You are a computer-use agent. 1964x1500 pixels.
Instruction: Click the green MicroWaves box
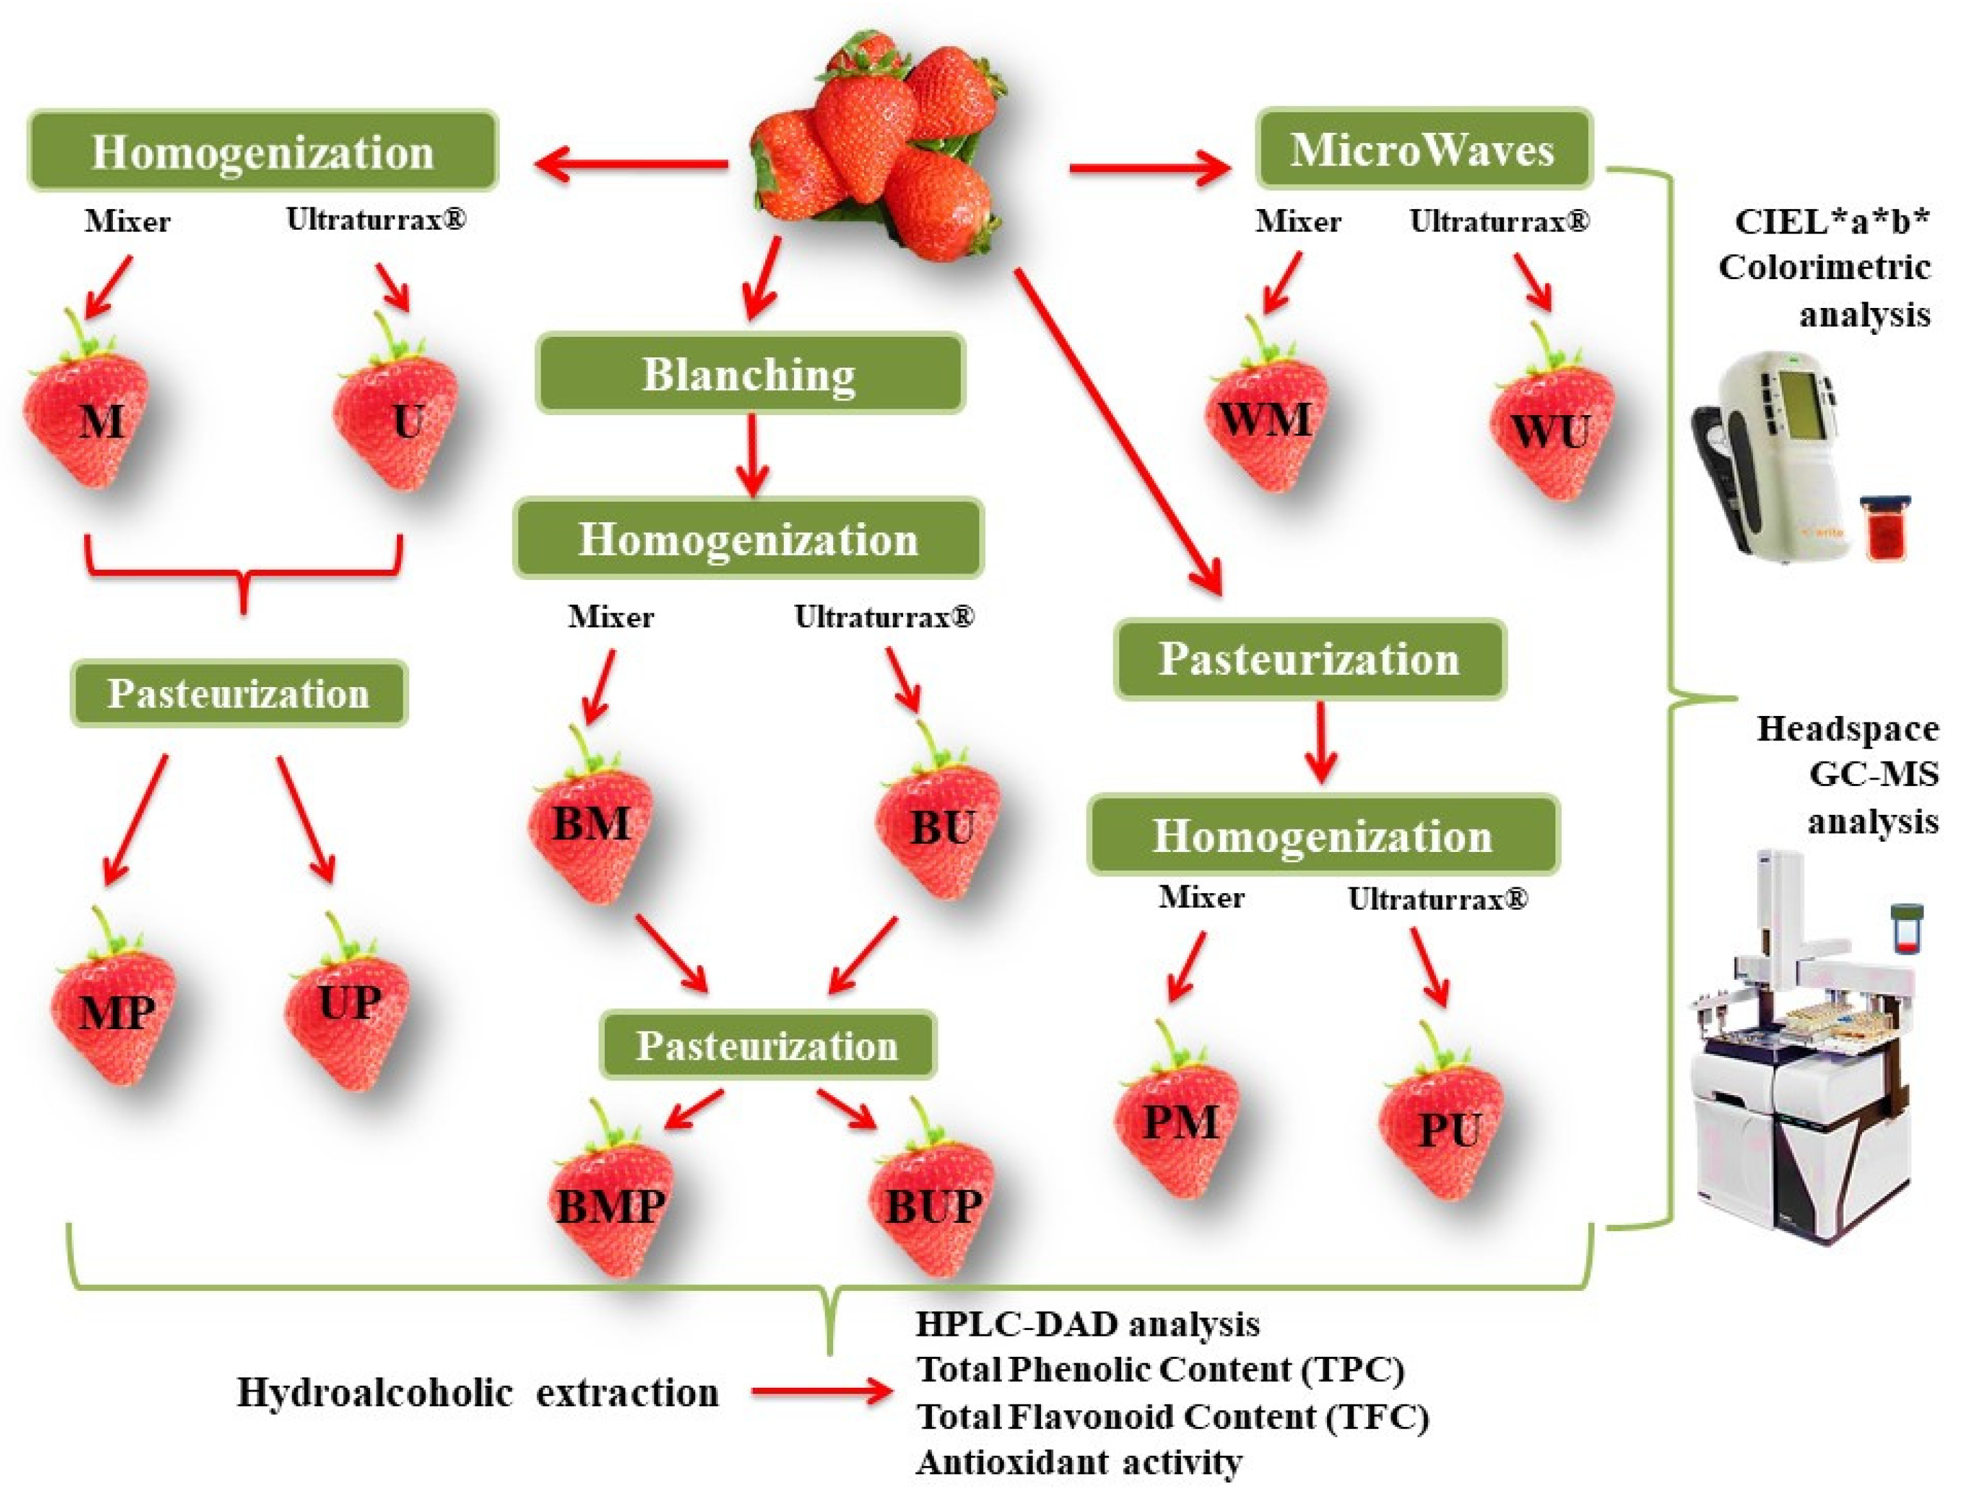tap(1423, 149)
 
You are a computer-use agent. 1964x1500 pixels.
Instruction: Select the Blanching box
tap(750, 374)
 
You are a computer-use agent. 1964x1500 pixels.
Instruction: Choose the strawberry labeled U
tap(397, 420)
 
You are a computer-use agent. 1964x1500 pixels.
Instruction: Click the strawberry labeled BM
tap(591, 826)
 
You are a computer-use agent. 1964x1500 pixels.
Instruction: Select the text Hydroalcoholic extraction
tap(478, 1393)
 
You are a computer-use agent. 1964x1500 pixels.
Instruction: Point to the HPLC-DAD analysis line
tap(1087, 1324)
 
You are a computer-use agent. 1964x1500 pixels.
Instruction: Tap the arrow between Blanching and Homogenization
tap(752, 456)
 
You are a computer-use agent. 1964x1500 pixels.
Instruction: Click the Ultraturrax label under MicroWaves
tap(1499, 221)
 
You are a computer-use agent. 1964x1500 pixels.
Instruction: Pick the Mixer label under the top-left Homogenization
tap(128, 221)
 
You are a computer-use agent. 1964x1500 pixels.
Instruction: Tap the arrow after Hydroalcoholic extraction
tap(821, 1392)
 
